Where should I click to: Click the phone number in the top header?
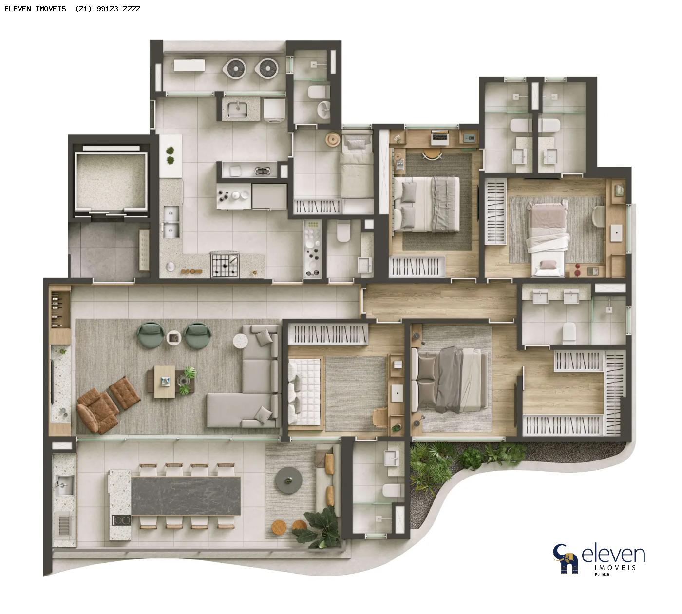point(108,9)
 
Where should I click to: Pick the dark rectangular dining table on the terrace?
point(186,496)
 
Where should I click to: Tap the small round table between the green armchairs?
point(174,338)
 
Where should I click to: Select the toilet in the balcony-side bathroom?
point(393,490)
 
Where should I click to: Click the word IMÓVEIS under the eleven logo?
point(615,567)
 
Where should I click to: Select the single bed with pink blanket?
point(548,238)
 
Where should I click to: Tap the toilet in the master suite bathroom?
point(569,333)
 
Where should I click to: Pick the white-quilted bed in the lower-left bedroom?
point(304,391)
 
